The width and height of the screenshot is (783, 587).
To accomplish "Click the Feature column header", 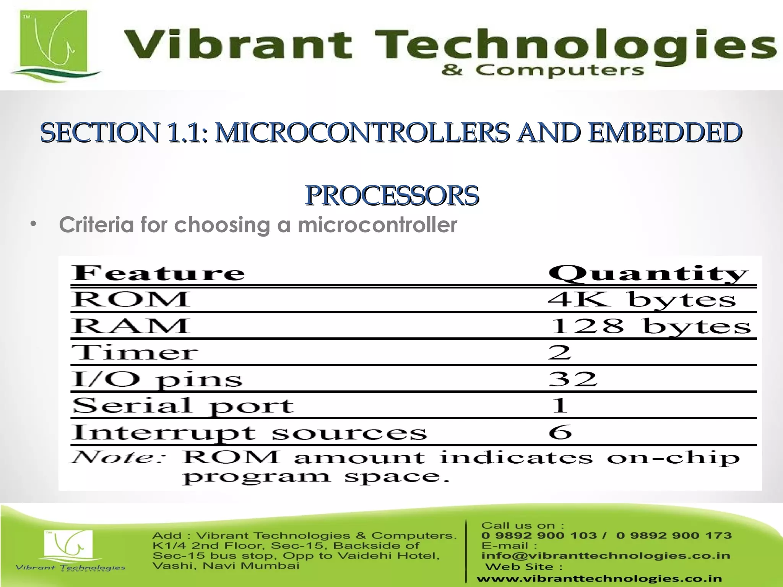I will (158, 273).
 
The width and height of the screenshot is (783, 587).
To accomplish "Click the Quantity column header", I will (648, 274).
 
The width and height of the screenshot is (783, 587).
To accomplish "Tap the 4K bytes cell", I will (642, 300).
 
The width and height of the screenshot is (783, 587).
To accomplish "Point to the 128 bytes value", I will (650, 327).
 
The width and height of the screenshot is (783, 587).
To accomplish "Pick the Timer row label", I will (135, 352).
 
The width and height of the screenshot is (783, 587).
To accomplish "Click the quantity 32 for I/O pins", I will (572, 379).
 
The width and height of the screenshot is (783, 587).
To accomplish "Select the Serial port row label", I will (183, 406).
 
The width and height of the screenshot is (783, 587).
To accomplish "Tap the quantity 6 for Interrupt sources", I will (560, 432).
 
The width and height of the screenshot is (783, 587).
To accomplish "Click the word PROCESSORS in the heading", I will (392, 196).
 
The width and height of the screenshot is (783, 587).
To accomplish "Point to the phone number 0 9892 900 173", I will (674, 535).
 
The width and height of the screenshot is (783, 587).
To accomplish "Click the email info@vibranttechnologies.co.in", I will (606, 556).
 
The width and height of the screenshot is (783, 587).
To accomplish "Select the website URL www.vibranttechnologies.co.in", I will (599, 579).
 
